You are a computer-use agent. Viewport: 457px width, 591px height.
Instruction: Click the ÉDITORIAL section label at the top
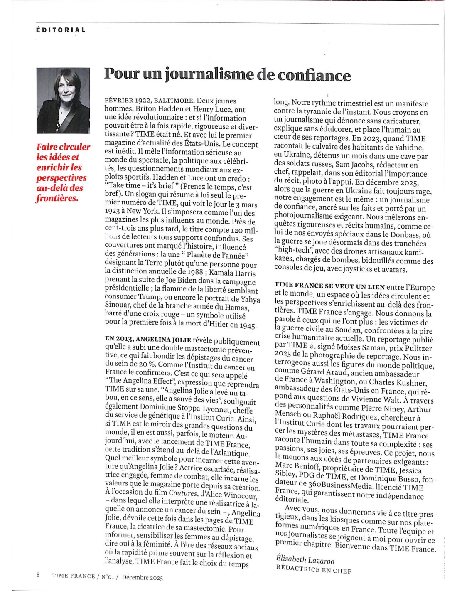(61, 30)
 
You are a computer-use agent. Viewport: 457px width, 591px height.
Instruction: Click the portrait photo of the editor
(63, 101)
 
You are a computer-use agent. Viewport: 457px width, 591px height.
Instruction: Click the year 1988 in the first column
(194, 272)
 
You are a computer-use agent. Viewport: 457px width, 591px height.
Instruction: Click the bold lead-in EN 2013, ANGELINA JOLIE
(147, 340)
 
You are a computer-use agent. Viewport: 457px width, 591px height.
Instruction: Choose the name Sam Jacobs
(353, 164)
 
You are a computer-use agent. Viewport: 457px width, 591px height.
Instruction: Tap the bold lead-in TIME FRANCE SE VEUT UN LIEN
(329, 286)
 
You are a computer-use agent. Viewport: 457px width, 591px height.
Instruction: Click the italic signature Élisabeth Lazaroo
(305, 560)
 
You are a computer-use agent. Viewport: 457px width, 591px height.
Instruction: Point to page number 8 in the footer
(38, 575)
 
